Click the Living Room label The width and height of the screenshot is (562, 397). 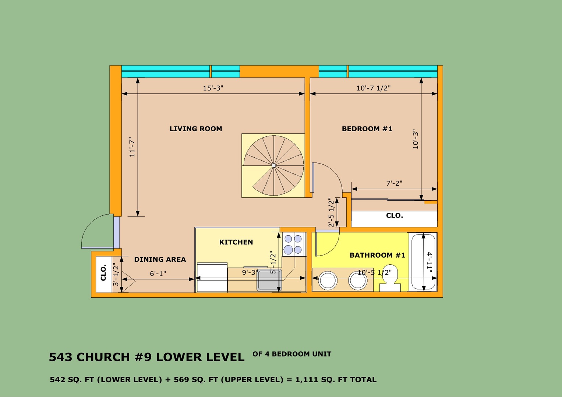tap(196, 129)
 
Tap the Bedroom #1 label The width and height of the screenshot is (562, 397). tap(367, 129)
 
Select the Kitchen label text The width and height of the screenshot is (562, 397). tap(236, 242)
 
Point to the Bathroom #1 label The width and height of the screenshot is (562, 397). tap(377, 255)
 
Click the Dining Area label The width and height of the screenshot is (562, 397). tap(160, 260)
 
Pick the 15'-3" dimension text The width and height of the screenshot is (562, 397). tap(213, 88)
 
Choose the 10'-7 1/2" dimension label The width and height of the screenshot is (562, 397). tap(374, 88)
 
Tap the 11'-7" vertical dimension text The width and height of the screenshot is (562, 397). tap(132, 147)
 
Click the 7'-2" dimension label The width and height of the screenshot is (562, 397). tap(394, 183)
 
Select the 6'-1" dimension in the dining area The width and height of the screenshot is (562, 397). tap(158, 273)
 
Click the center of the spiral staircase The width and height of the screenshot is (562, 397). tap(274, 165)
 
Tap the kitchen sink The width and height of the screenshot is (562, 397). tap(269, 280)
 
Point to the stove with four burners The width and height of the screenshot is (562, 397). tap(294, 244)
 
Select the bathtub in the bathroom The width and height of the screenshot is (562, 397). tap(423, 262)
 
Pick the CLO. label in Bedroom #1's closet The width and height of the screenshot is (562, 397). tap(395, 215)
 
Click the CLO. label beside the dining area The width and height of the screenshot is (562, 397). tap(103, 272)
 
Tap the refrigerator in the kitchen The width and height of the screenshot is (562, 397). tap(212, 278)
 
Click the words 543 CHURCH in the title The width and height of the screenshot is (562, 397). tap(89, 357)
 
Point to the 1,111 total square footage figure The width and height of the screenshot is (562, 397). tap(306, 380)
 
